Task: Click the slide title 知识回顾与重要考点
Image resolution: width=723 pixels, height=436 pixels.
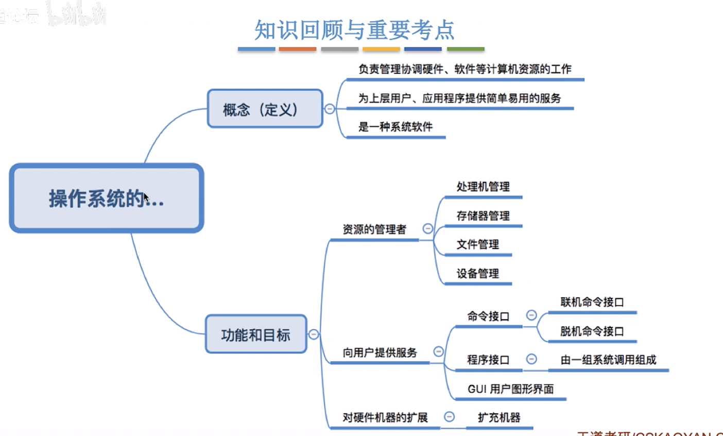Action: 354,30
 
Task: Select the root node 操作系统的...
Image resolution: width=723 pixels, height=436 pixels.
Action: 107,198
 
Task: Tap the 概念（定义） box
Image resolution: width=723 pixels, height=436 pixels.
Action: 265,109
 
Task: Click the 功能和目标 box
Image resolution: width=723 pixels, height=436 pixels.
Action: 256,335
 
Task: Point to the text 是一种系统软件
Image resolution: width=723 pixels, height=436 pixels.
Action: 395,127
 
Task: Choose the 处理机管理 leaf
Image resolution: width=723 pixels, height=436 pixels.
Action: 483,187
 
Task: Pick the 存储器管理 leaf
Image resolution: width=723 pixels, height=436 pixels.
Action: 483,216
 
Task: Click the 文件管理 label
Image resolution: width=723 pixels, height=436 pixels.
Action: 477,244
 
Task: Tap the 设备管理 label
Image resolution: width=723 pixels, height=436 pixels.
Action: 477,274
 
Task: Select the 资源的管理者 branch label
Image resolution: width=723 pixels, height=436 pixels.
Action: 374,229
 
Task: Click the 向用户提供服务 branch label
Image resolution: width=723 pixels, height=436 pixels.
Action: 380,353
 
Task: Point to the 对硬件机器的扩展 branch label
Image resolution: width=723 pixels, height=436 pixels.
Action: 385,417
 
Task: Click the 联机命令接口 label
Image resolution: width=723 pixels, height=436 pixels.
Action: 592,302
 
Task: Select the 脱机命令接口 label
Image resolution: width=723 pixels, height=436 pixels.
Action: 592,331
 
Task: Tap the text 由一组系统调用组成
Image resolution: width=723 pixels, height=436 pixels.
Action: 608,360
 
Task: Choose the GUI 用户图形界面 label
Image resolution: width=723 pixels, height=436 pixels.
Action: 510,389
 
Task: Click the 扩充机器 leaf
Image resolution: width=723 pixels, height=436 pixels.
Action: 498,417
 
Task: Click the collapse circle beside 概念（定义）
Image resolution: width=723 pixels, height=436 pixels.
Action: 330,109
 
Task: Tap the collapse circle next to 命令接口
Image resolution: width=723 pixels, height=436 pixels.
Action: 531,315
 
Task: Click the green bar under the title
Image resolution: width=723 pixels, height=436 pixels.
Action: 466,49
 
